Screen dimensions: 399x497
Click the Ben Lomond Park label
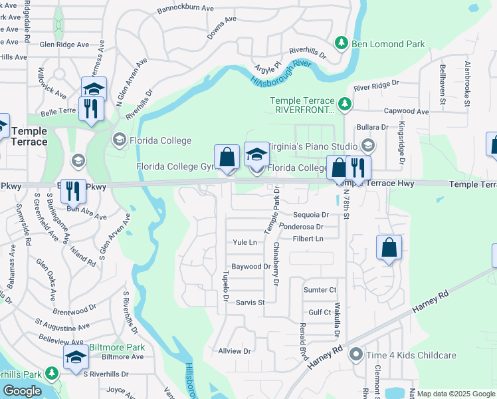387,44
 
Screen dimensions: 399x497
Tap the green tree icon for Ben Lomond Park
342,43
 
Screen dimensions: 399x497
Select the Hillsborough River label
282,74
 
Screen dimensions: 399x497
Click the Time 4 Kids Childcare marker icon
357,354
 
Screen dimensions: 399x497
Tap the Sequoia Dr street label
311,215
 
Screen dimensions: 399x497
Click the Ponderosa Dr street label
304,226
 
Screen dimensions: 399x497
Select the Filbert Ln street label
310,238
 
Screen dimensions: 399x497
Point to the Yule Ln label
245,242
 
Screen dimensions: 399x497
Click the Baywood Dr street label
250,266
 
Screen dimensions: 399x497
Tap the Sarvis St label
250,303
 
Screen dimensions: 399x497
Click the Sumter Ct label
320,290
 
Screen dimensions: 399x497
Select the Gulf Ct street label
320,312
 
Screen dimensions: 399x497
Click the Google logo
22,391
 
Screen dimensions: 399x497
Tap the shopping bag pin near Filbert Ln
389,247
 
